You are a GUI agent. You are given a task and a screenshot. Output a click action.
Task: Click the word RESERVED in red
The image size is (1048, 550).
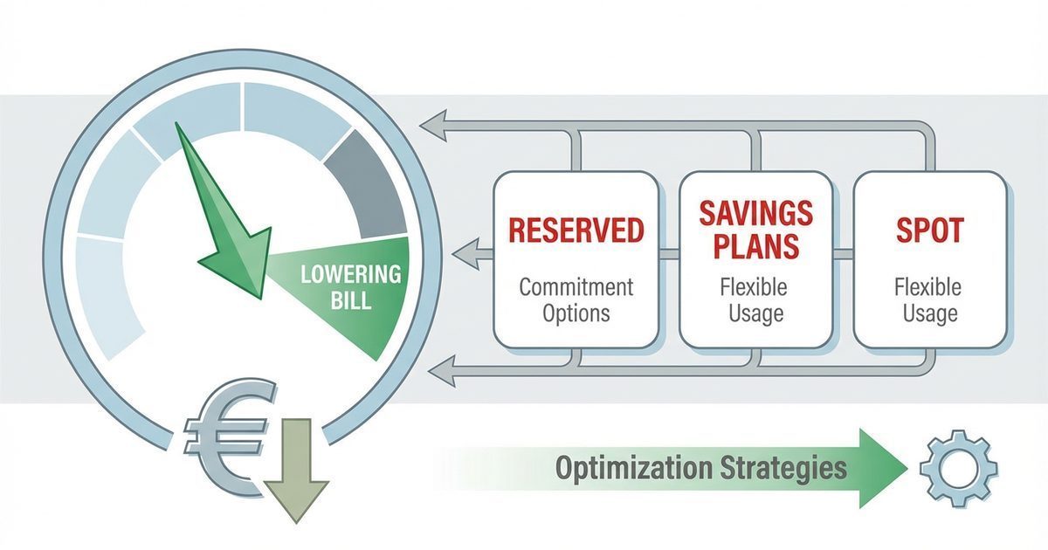(576, 230)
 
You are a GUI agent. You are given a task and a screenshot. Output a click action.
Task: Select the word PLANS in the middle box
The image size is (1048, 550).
(756, 246)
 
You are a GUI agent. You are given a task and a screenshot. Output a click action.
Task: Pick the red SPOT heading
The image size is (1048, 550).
(929, 230)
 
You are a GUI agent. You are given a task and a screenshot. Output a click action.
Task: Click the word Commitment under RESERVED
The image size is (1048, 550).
(576, 287)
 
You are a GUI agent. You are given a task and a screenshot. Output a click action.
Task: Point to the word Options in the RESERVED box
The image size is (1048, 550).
(576, 313)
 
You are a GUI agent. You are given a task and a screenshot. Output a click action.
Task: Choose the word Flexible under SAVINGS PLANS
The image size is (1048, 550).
(755, 287)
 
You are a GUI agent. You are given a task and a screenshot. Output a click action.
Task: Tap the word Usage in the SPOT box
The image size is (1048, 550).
(929, 313)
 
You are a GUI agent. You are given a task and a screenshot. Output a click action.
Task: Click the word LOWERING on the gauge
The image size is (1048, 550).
(350, 274)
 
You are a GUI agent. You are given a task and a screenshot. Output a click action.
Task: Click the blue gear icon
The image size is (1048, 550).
(958, 468)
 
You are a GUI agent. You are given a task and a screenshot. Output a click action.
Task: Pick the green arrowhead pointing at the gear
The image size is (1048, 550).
(882, 468)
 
